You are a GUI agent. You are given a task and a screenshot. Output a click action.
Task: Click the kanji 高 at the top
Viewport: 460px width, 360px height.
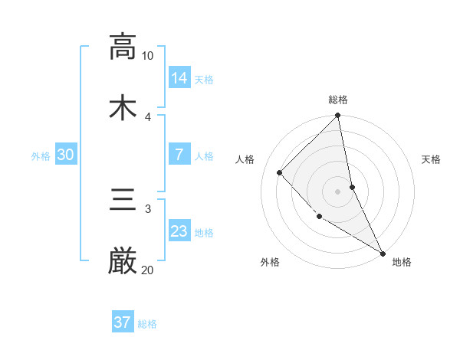click(x=123, y=47)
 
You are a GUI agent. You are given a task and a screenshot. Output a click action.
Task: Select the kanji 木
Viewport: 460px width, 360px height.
click(x=123, y=106)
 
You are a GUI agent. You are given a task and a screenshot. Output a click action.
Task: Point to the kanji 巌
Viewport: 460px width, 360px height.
click(x=123, y=261)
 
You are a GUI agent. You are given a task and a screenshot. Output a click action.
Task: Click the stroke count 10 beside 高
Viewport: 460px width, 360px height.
click(x=148, y=56)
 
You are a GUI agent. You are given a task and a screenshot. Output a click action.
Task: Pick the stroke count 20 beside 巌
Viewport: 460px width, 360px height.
click(x=148, y=270)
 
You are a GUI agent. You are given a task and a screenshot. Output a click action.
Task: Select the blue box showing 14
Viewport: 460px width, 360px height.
click(x=179, y=77)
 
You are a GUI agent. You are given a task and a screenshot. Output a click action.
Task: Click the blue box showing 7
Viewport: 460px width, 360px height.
click(x=179, y=155)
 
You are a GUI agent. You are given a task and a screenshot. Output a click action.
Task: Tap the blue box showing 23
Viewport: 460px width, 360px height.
click(x=179, y=231)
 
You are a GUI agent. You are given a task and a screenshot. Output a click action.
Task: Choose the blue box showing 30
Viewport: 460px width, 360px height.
click(x=66, y=155)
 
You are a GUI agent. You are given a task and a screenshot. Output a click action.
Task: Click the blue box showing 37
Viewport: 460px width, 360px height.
click(x=123, y=322)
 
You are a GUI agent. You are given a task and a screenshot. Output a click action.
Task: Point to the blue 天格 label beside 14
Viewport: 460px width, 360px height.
click(x=204, y=79)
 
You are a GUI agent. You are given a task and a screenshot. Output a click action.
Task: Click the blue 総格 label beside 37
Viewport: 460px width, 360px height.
click(x=147, y=324)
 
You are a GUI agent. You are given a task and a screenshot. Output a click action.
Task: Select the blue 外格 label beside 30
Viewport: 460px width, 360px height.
click(x=41, y=156)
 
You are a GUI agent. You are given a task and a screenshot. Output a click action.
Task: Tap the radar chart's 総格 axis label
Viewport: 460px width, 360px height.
click(x=338, y=100)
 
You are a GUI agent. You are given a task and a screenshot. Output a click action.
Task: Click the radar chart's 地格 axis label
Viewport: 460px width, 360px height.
click(x=402, y=262)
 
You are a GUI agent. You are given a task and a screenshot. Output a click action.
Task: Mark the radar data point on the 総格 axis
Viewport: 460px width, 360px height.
click(x=338, y=116)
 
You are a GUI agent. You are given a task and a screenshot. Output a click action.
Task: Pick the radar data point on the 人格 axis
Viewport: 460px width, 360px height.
click(x=280, y=172)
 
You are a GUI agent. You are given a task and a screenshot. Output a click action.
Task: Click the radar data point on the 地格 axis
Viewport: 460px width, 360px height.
click(x=382, y=252)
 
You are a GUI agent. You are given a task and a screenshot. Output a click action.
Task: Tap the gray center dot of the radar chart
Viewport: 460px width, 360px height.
click(x=338, y=191)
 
